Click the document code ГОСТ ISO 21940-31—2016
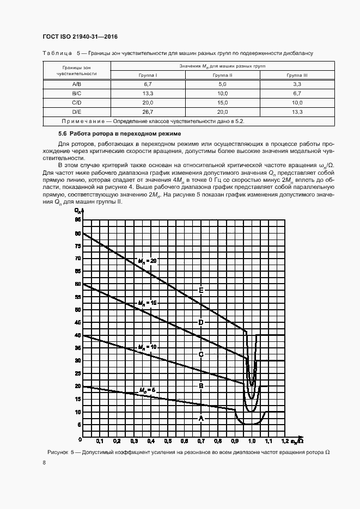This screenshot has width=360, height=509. click(x=80, y=36)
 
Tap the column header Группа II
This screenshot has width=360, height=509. click(x=223, y=75)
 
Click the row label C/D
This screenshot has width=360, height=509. click(x=77, y=102)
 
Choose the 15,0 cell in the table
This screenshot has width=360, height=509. click(x=223, y=102)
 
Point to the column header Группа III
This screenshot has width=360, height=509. click(x=297, y=75)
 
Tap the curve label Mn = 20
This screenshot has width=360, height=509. click(x=147, y=261)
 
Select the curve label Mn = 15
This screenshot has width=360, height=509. click(x=147, y=302)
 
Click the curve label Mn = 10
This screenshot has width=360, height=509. click(x=147, y=346)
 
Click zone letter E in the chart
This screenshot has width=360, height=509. click(x=201, y=290)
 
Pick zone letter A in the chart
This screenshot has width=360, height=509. click(x=201, y=418)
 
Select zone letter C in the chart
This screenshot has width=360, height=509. click(x=201, y=354)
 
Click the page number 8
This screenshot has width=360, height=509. click(x=44, y=462)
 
